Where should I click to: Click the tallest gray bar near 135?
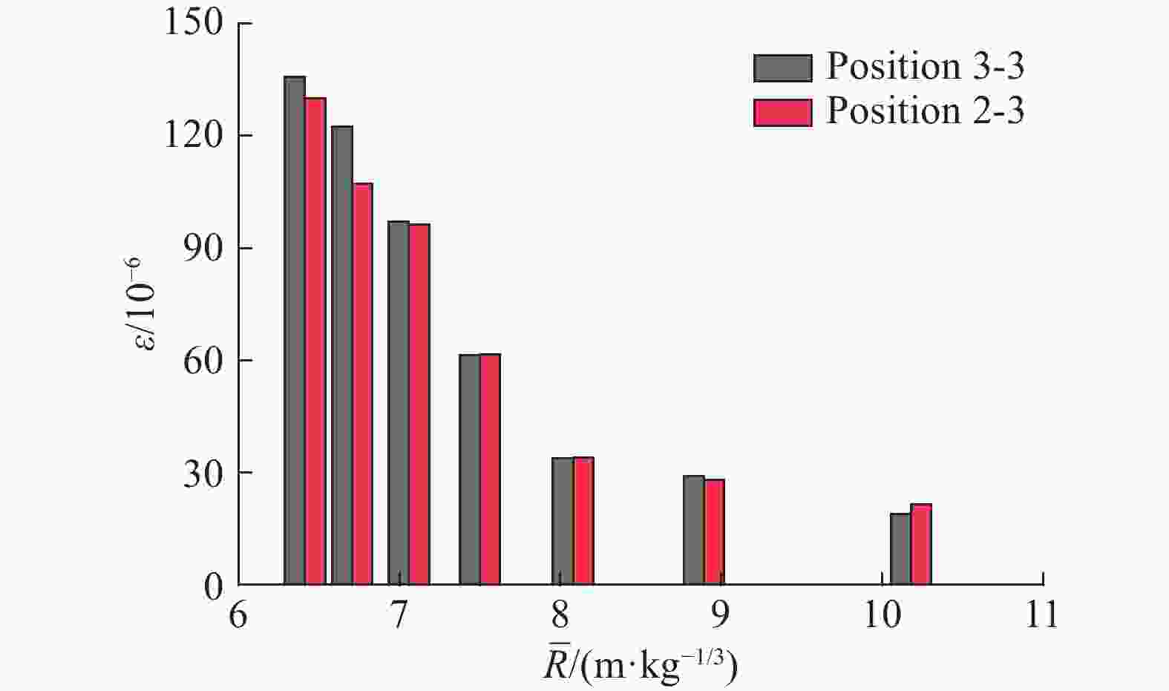click(295, 330)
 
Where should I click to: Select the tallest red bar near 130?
click(315, 341)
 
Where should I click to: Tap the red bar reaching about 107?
click(362, 384)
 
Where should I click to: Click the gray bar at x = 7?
click(399, 402)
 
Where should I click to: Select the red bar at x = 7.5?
click(490, 469)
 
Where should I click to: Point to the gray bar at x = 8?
click(563, 521)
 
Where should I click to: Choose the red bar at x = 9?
click(714, 532)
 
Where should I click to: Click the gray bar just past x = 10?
click(900, 548)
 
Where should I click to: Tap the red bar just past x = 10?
click(921, 544)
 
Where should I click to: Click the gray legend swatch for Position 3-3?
click(782, 68)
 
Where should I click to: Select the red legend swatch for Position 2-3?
click(782, 112)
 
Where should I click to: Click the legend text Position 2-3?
click(925, 111)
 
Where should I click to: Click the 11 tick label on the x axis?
click(1041, 615)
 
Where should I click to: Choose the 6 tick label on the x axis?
click(238, 615)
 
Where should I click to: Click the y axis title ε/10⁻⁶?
click(145, 304)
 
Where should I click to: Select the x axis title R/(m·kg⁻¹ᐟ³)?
click(641, 666)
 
